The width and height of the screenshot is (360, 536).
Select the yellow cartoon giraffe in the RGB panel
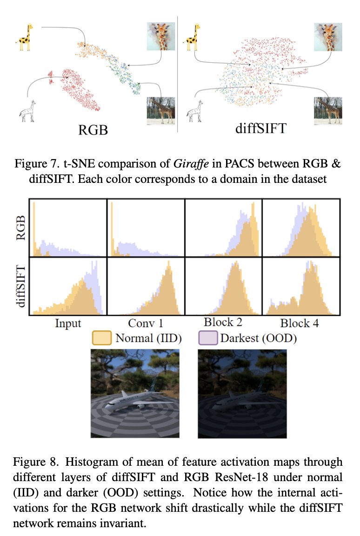24,39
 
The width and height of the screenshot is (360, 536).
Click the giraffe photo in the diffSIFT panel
330,110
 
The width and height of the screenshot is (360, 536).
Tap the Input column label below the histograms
68,323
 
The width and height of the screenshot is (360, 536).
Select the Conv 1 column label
146,323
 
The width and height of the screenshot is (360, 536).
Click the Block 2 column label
223,322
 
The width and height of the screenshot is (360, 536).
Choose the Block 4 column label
300,323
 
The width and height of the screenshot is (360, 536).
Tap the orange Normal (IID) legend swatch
102,338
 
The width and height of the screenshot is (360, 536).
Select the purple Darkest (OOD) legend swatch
208,338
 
